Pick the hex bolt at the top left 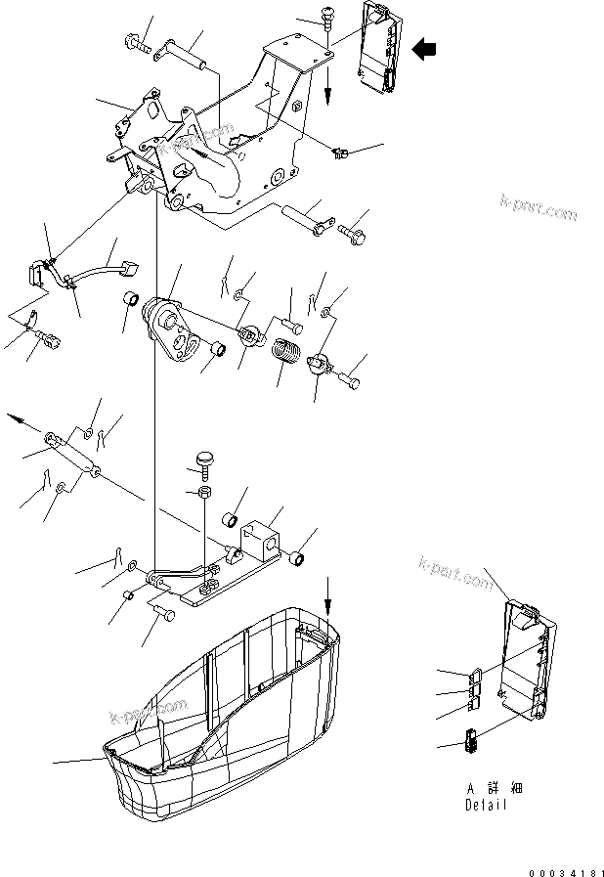click(137, 42)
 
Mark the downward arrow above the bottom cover click(328, 591)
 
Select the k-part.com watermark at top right click(537, 208)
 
